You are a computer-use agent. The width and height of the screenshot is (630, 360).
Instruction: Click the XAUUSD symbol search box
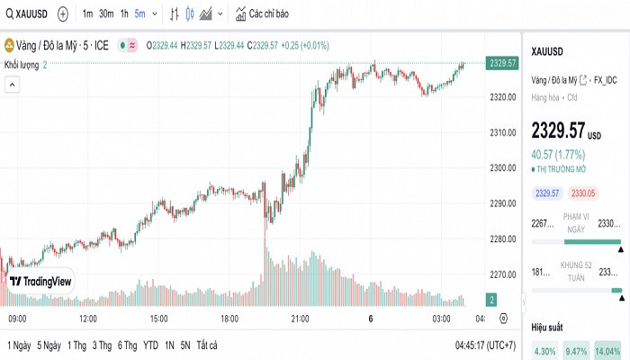(x=26, y=14)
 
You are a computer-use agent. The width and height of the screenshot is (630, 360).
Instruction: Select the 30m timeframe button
(x=106, y=14)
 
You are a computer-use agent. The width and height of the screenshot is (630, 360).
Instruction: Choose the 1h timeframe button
(x=124, y=14)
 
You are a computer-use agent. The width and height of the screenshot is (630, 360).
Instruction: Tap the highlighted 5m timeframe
(x=141, y=14)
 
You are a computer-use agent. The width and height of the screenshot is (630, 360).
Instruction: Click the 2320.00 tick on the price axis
(x=501, y=97)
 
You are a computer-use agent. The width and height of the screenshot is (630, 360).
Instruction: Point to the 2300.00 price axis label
(x=501, y=168)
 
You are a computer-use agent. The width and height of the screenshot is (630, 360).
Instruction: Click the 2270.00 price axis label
(x=501, y=274)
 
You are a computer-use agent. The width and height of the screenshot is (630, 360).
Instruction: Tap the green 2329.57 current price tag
(x=501, y=63)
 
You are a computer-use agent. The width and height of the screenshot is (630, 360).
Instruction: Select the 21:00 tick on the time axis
(x=300, y=319)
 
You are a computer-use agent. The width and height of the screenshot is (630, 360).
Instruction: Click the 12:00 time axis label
(x=88, y=319)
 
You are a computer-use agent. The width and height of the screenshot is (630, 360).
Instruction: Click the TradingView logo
(x=40, y=282)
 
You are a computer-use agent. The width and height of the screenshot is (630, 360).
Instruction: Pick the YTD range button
(x=150, y=346)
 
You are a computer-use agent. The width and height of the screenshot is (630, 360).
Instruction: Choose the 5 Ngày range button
(x=49, y=346)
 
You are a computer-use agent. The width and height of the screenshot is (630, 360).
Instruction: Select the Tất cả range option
(x=208, y=346)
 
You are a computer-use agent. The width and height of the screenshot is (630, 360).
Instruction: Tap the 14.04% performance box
(x=608, y=351)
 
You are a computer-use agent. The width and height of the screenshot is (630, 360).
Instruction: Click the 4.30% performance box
(x=545, y=351)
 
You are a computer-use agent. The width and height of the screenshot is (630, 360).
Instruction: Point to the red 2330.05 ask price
(x=585, y=193)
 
